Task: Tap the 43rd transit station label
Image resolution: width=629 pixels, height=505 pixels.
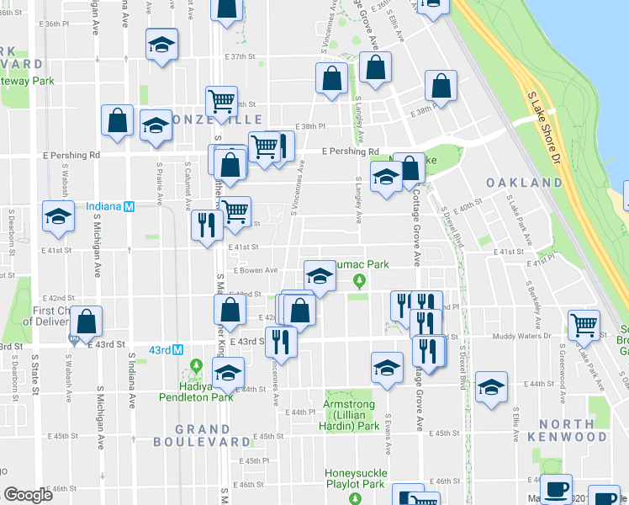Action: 160,350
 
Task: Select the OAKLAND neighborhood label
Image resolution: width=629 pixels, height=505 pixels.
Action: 524,183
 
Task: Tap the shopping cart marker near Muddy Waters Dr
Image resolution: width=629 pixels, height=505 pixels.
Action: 584,324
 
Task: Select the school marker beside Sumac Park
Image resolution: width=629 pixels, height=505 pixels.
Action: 319,274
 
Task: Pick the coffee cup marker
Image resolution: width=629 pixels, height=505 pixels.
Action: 555,488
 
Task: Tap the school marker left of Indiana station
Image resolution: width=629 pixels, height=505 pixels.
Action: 58,217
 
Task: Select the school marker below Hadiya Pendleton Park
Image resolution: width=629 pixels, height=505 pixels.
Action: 227,372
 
